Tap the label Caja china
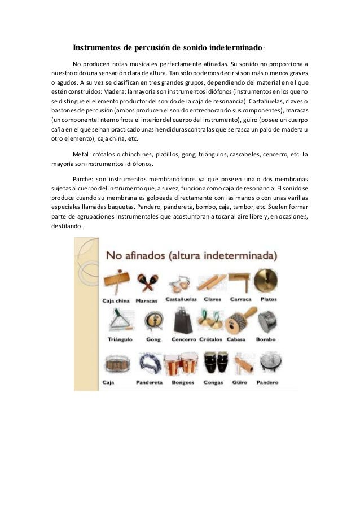point(115,301)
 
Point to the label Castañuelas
point(180,299)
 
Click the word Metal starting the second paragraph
point(81,154)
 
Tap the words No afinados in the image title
point(130,255)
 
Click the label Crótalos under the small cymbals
point(212,340)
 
